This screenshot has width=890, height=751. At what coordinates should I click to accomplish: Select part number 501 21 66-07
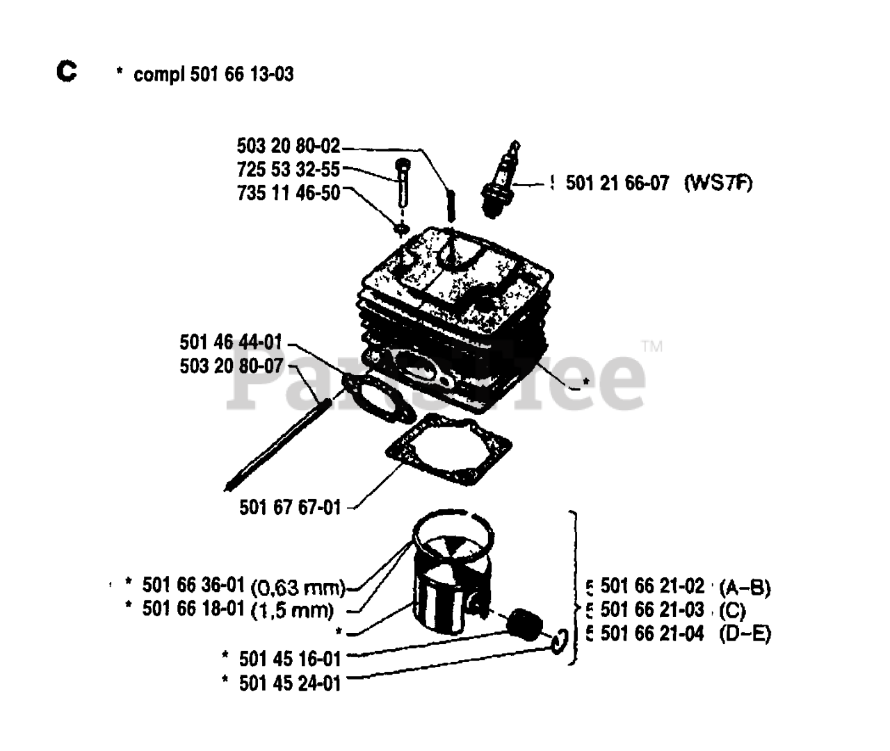[617, 183]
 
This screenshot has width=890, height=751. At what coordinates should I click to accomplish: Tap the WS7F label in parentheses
[718, 183]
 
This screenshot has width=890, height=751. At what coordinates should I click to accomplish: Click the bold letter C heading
[67, 71]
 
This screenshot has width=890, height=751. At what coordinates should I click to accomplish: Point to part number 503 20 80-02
[289, 146]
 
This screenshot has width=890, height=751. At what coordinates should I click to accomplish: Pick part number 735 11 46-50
[289, 192]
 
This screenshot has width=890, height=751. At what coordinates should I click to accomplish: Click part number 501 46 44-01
[231, 342]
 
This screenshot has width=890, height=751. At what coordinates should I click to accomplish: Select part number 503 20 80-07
[231, 365]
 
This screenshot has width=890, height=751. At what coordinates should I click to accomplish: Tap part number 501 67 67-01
[290, 507]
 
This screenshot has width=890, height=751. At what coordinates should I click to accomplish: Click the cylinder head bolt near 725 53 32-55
[403, 183]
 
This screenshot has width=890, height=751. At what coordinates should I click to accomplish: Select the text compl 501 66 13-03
[213, 74]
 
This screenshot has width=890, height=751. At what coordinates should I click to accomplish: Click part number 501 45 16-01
[290, 658]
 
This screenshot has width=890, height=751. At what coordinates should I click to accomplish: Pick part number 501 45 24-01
[290, 683]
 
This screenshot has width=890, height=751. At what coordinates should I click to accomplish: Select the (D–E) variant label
[745, 634]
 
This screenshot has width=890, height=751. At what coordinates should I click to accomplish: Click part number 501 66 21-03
[652, 610]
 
